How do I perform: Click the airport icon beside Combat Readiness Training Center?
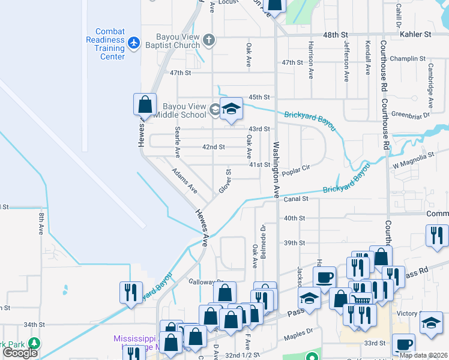pyautogui.click(x=134, y=44)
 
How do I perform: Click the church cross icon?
pyautogui.click(x=209, y=41)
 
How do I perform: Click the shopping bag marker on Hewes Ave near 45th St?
pyautogui.click(x=145, y=105)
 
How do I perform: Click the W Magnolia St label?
pyautogui.click(x=413, y=156)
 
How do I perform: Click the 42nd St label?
pyautogui.click(x=213, y=147)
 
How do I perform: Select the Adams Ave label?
pyautogui.click(x=184, y=180)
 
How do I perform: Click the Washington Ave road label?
pyautogui.click(x=277, y=170)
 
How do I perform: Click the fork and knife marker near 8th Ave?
pyautogui.click(x=130, y=292)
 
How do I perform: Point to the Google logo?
pyautogui.click(x=20, y=353)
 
